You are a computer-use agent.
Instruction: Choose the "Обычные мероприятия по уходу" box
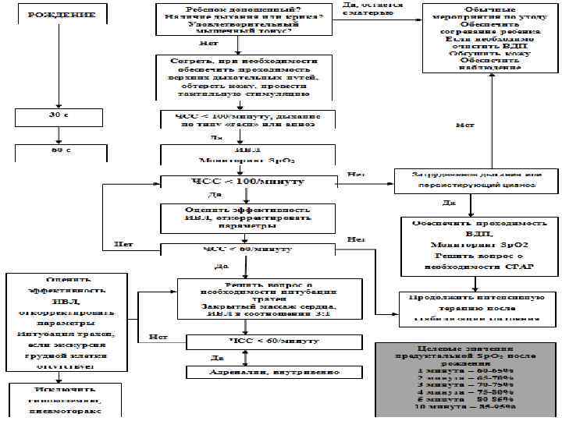click(491, 38)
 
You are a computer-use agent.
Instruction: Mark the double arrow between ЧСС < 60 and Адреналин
click(246, 357)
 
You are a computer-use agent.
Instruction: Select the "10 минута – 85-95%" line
click(464, 406)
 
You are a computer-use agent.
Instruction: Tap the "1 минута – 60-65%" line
click(464, 370)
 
